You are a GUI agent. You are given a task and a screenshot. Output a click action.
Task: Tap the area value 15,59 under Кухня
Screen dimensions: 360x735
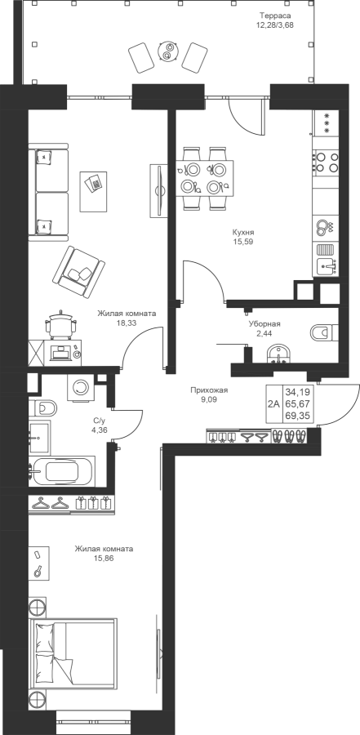click(242, 242)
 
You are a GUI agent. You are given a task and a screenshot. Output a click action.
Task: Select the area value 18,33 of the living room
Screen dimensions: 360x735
click(127, 323)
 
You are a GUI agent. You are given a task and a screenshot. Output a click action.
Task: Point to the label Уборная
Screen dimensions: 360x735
click(264, 324)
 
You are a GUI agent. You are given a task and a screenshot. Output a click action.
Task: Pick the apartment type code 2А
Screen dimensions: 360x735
click(273, 404)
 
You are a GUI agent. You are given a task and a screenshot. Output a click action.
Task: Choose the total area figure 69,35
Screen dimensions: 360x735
click(299, 416)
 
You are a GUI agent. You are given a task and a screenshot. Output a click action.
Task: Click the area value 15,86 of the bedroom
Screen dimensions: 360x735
click(104, 559)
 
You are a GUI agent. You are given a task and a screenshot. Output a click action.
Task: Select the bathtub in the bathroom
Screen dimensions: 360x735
click(62, 471)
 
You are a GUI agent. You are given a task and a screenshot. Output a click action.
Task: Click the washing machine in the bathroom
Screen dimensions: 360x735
click(82, 388)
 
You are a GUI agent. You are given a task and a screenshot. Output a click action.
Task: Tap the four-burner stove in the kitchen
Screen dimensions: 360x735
click(327, 163)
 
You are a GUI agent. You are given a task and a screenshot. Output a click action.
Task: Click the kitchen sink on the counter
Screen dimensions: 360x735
click(327, 267)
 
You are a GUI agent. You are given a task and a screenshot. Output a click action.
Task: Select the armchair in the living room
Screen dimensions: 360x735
click(78, 272)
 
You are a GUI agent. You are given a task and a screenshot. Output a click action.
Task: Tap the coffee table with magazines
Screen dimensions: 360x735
click(96, 191)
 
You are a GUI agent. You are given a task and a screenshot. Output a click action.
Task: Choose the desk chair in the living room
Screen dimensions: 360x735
click(61, 323)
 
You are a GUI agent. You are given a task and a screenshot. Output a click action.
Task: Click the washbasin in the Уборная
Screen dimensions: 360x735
click(280, 354)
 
